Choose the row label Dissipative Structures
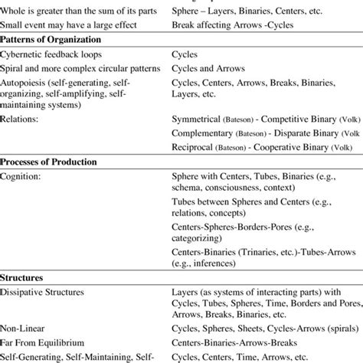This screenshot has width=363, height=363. (46, 292)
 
